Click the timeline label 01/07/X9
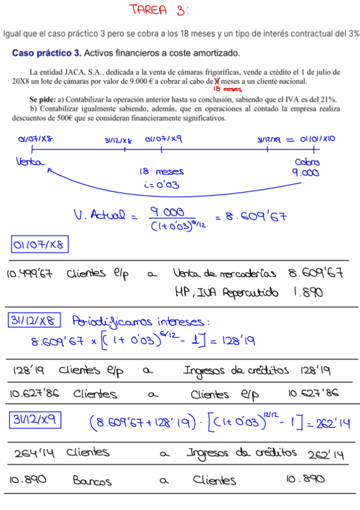point(163,140)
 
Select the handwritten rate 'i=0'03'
point(161,185)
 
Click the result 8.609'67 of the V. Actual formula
point(251,215)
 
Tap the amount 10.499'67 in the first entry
point(29,274)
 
